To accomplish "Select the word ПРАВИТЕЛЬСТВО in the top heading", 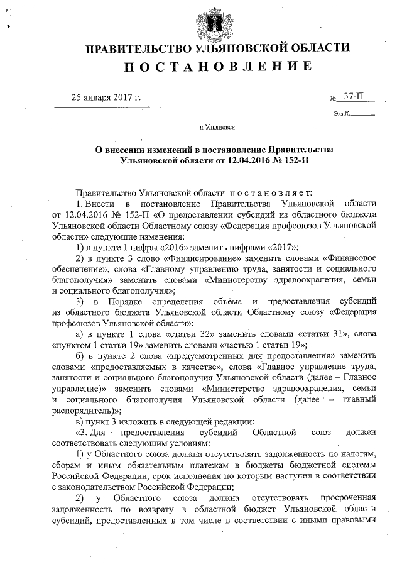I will coord(138,48).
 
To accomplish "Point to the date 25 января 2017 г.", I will coord(106,97).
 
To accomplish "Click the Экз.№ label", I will coord(342,114).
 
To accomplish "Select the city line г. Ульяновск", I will coord(217,128).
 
